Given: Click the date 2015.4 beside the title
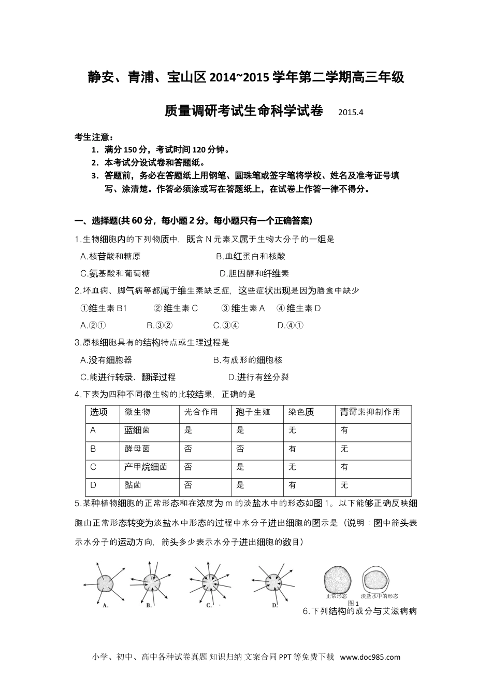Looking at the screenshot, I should [x=351, y=113].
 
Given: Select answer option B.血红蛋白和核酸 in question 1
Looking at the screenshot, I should [x=250, y=256].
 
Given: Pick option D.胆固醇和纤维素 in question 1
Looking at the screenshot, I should [x=254, y=273].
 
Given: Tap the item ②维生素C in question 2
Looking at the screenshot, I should [x=176, y=308].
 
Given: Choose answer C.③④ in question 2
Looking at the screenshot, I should [x=226, y=325].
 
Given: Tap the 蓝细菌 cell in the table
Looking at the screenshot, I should [x=137, y=430].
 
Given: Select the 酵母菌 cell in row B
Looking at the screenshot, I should [x=137, y=449].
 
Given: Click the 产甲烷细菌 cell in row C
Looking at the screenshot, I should [x=146, y=467].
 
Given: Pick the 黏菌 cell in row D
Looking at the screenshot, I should [x=133, y=485].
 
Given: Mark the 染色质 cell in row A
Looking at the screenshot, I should [x=293, y=430].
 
